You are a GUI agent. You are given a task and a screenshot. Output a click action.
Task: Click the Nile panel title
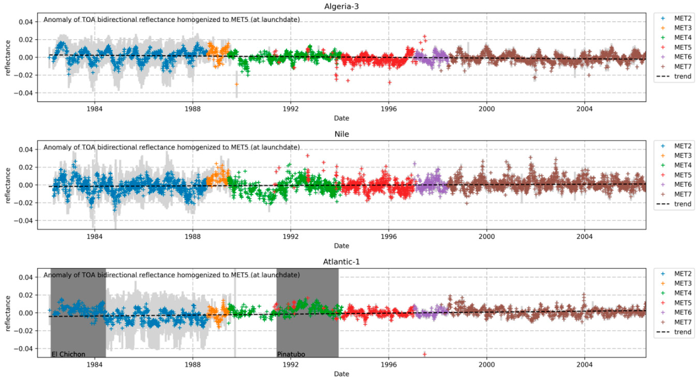(x=341, y=134)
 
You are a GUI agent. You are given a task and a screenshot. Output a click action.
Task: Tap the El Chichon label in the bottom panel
(x=68, y=354)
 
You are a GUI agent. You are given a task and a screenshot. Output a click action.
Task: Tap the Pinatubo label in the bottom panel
(x=291, y=354)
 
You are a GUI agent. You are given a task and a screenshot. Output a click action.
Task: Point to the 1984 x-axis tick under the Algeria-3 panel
(x=94, y=109)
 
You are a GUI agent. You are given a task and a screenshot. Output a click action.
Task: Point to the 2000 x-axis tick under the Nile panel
(x=487, y=236)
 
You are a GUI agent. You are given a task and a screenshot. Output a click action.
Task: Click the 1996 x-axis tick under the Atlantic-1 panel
(x=389, y=364)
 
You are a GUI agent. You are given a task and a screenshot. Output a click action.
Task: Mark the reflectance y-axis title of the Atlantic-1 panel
(x=8, y=313)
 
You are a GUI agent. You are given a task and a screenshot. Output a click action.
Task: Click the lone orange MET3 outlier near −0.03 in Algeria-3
(x=236, y=84)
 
